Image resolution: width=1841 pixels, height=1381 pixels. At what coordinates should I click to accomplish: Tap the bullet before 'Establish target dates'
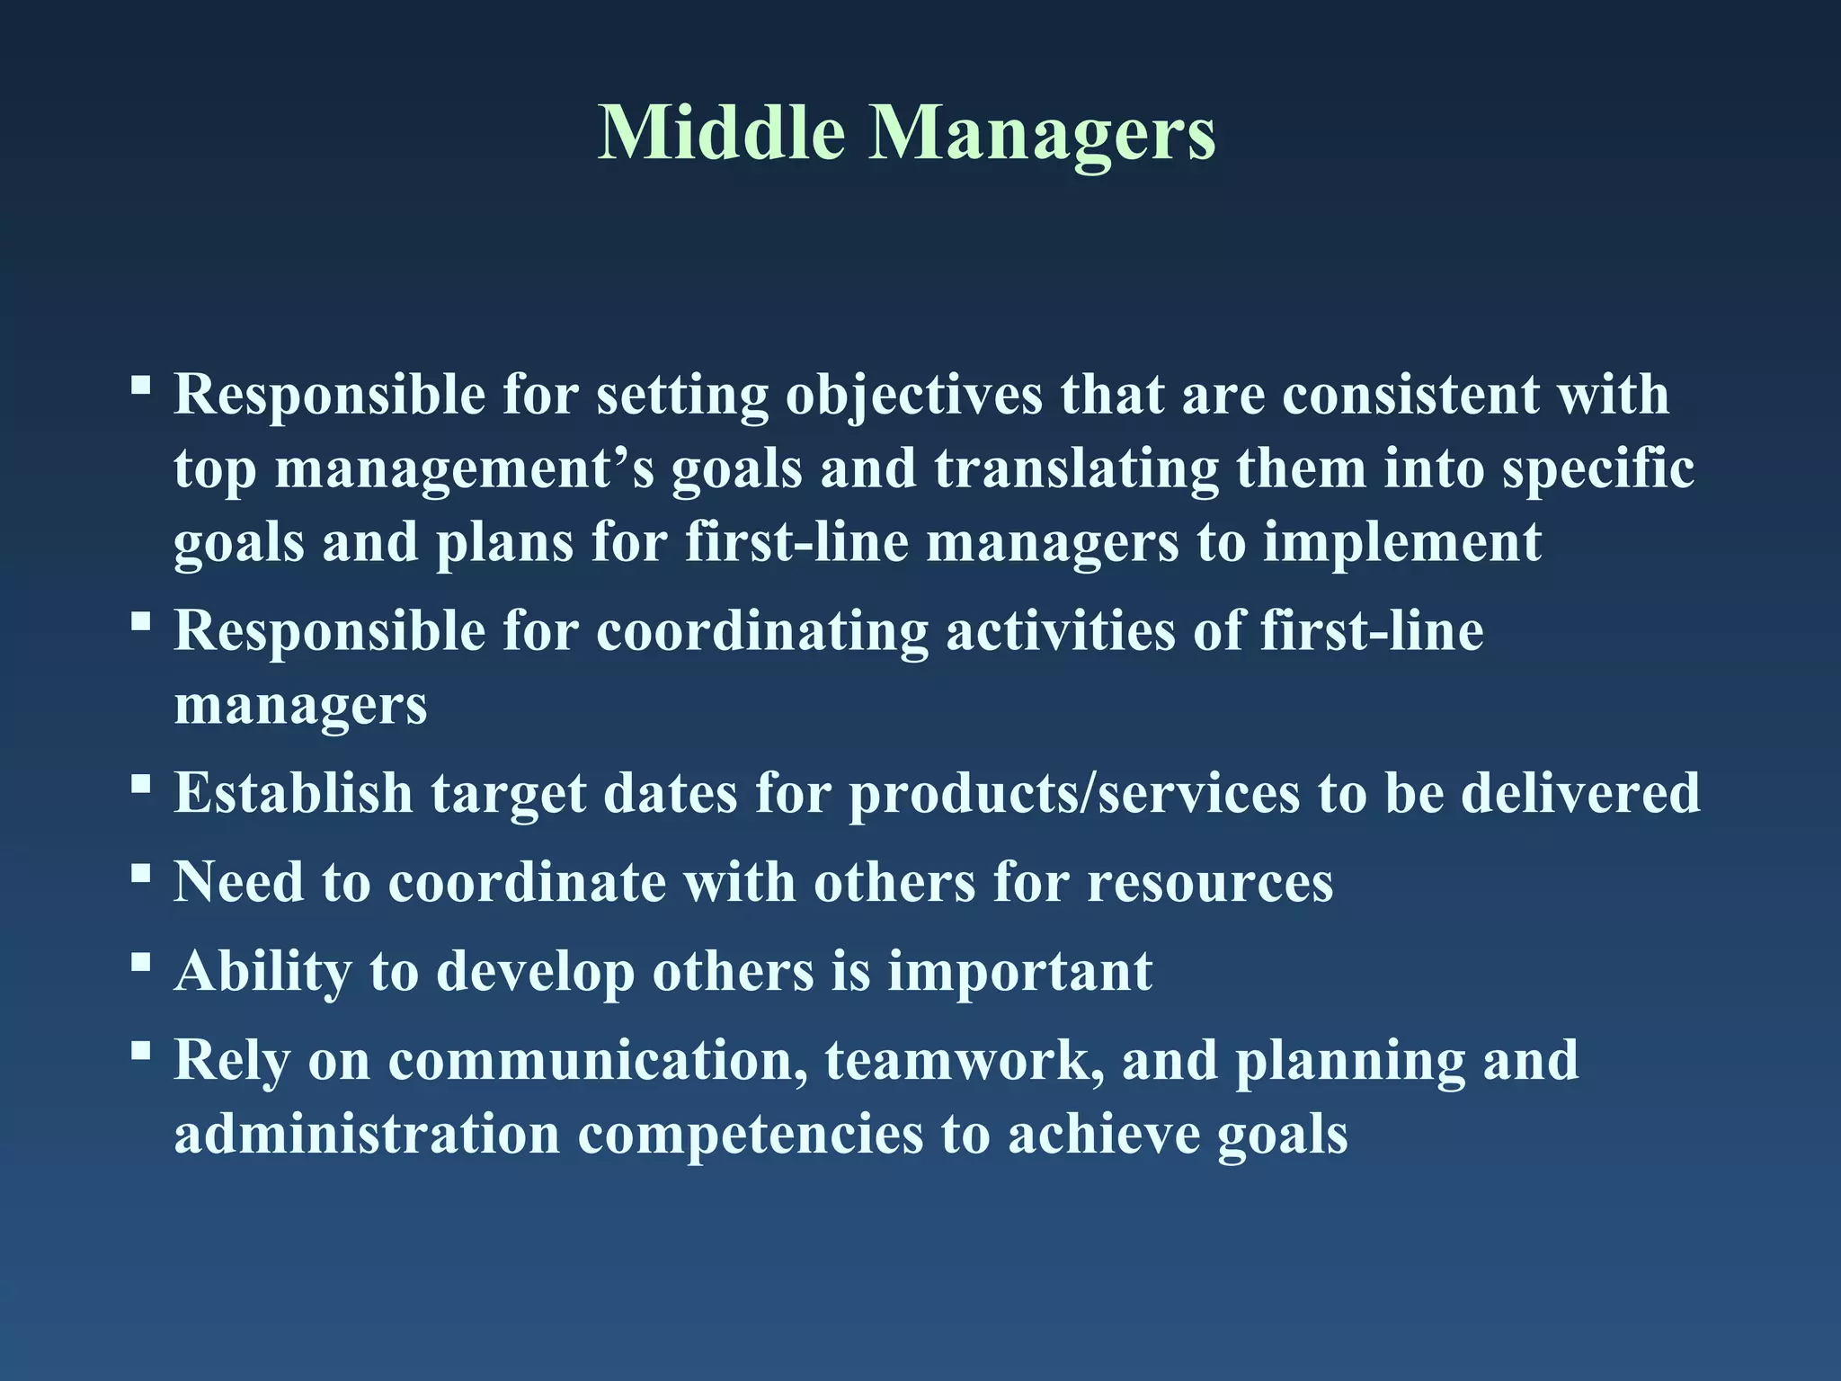pos(140,783)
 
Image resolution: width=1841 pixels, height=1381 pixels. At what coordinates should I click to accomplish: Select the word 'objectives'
pos(913,396)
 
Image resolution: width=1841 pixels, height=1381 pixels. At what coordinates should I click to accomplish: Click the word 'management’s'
pos(464,470)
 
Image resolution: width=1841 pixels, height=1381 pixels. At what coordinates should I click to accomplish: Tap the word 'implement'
pos(1401,544)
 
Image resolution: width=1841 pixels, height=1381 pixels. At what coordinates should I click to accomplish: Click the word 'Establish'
pos(293,793)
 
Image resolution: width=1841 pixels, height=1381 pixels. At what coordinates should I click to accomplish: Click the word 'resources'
pos(1210,882)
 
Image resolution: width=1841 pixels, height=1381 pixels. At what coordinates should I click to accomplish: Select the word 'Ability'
pos(263,973)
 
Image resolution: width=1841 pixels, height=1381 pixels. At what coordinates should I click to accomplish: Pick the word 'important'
pos(1019,973)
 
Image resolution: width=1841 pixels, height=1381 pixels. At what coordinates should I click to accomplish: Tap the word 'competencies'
pos(750,1134)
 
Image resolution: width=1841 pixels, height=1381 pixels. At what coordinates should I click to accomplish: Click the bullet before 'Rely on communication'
pos(140,1050)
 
